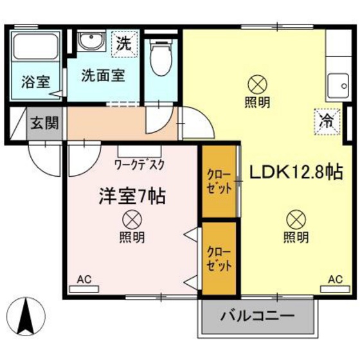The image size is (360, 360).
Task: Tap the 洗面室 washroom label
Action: (102, 74)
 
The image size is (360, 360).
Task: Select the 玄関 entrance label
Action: (44, 122)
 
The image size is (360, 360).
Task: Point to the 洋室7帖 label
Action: (132, 195)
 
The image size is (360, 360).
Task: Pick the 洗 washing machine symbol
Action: (122, 44)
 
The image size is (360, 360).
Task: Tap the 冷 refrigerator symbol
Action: (327, 120)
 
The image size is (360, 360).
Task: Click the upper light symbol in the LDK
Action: (256, 84)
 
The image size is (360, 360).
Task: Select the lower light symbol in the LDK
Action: (296, 219)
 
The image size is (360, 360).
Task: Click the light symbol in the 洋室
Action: (131, 219)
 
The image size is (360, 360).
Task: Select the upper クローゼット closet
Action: (219, 182)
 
